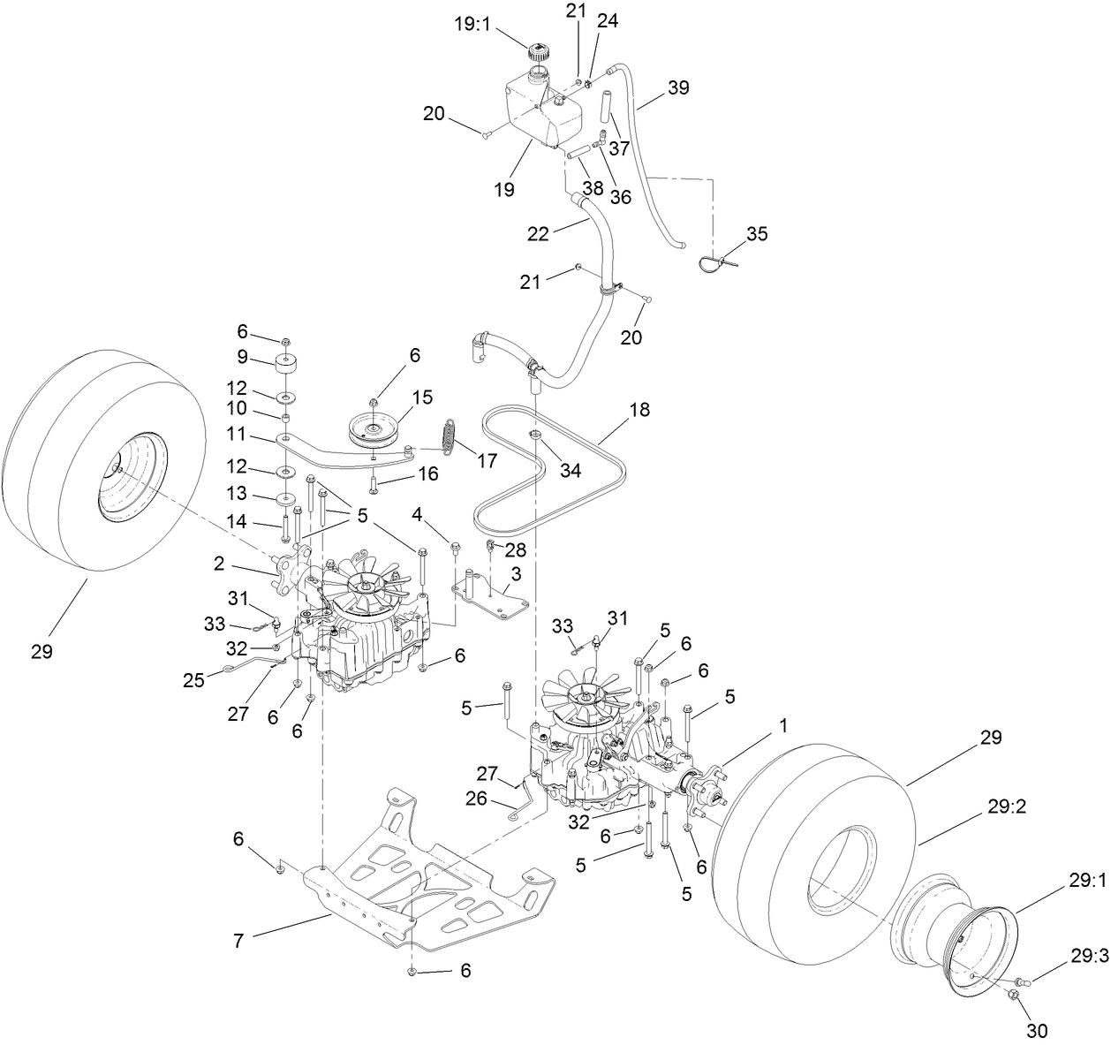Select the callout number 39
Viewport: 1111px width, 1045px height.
pos(678,87)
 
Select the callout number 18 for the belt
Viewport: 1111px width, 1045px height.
pos(639,410)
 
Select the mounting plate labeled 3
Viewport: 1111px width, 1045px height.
pos(489,601)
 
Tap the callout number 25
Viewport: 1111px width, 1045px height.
pos(193,679)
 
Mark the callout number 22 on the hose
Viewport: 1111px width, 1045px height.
pos(538,233)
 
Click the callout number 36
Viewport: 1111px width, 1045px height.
pos(621,196)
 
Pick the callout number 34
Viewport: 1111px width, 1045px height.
pos(571,470)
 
